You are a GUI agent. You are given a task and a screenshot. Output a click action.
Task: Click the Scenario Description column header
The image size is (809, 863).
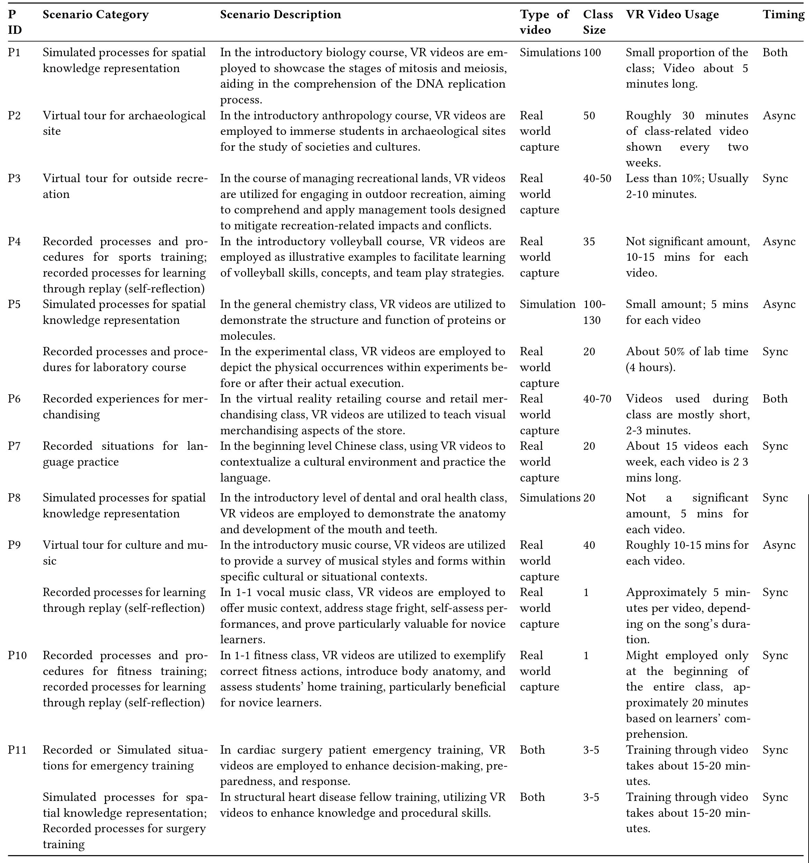point(280,15)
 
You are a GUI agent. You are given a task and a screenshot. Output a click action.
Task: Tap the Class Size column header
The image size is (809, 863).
point(597,22)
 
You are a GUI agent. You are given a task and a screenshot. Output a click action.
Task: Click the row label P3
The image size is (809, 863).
point(15,178)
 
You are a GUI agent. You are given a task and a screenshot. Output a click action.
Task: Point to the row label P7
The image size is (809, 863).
point(15,446)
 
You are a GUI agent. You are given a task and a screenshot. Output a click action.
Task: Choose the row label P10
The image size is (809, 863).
point(17,655)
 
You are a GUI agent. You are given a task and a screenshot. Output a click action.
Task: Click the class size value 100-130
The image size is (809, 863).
point(594,312)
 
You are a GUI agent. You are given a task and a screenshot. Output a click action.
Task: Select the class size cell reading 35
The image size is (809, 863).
point(589,241)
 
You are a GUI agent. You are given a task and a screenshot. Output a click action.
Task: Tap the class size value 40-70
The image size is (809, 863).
point(597,399)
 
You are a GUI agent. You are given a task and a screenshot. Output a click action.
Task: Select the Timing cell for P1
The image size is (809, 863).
point(775,52)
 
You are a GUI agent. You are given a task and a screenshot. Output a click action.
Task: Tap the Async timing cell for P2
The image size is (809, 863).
point(779,116)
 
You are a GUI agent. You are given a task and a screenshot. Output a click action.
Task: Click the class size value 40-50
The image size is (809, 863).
point(597,178)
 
